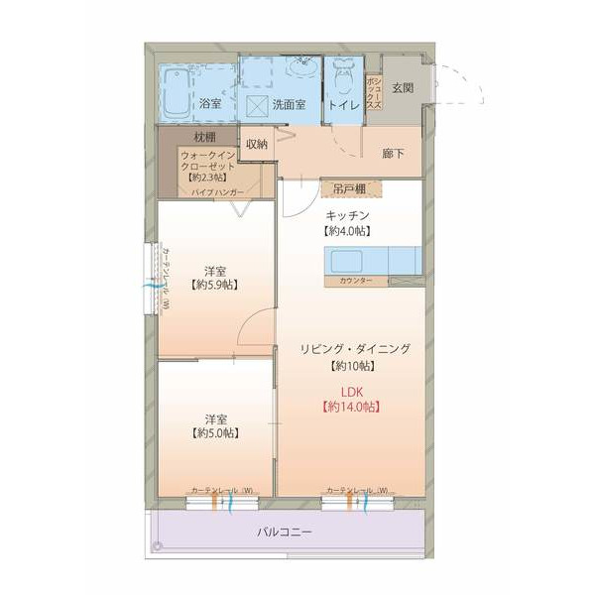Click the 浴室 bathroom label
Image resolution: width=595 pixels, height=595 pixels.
click(x=210, y=103)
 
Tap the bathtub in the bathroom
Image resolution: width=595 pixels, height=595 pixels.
click(x=178, y=91)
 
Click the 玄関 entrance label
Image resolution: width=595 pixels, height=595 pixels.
click(x=403, y=87)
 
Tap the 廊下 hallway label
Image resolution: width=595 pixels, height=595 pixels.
click(x=394, y=153)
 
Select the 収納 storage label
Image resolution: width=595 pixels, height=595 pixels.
click(x=257, y=143)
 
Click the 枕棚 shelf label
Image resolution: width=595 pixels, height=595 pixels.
click(x=204, y=136)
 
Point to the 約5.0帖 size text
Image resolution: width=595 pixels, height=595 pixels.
click(x=214, y=433)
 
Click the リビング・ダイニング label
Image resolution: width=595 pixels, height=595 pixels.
click(x=355, y=348)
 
